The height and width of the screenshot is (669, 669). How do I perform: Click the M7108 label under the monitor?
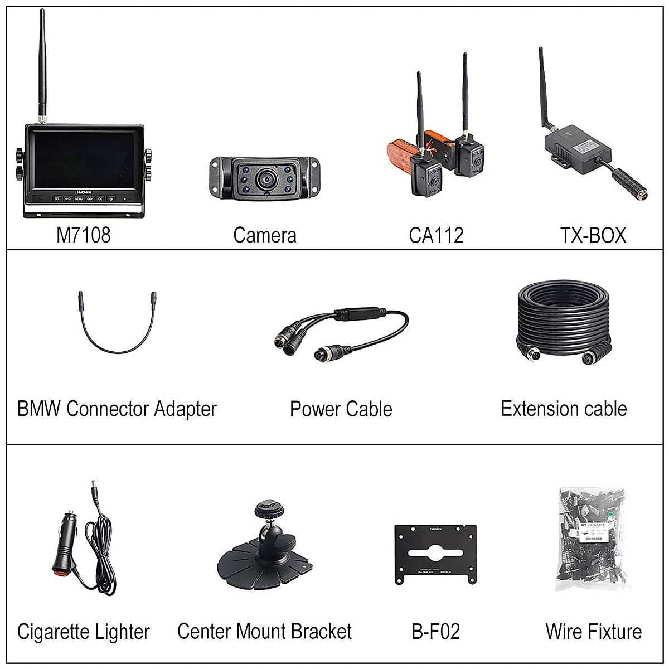83,235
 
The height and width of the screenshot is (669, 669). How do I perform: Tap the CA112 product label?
436,235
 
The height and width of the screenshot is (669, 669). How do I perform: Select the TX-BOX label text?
593,235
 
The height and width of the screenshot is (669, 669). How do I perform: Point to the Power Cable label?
341,409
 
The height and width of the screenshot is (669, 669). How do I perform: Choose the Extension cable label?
564,409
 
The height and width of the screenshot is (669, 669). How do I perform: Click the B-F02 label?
435,632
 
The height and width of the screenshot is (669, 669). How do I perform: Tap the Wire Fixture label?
594,632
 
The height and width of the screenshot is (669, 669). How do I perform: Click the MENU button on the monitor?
79,198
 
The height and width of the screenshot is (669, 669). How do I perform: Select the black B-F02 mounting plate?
435,554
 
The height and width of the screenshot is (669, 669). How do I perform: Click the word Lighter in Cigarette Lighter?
122,632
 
